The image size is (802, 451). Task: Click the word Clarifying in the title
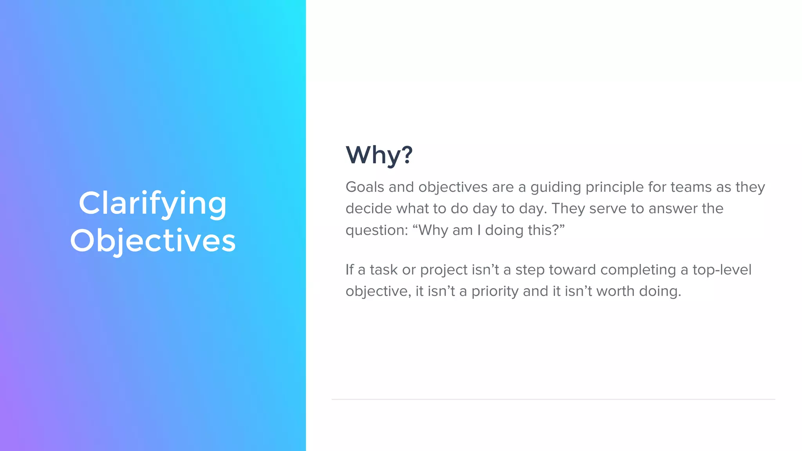[153, 204]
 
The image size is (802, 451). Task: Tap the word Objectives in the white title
[153, 240]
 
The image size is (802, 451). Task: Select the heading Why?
[379, 155]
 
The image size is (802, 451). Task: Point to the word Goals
[365, 187]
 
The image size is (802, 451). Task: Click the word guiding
[556, 188]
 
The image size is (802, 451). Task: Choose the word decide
[368, 209]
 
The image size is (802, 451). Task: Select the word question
[377, 231]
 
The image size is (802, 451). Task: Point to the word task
[384, 270]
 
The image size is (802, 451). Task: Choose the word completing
[638, 271]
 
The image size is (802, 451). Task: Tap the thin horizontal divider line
[553, 399]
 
